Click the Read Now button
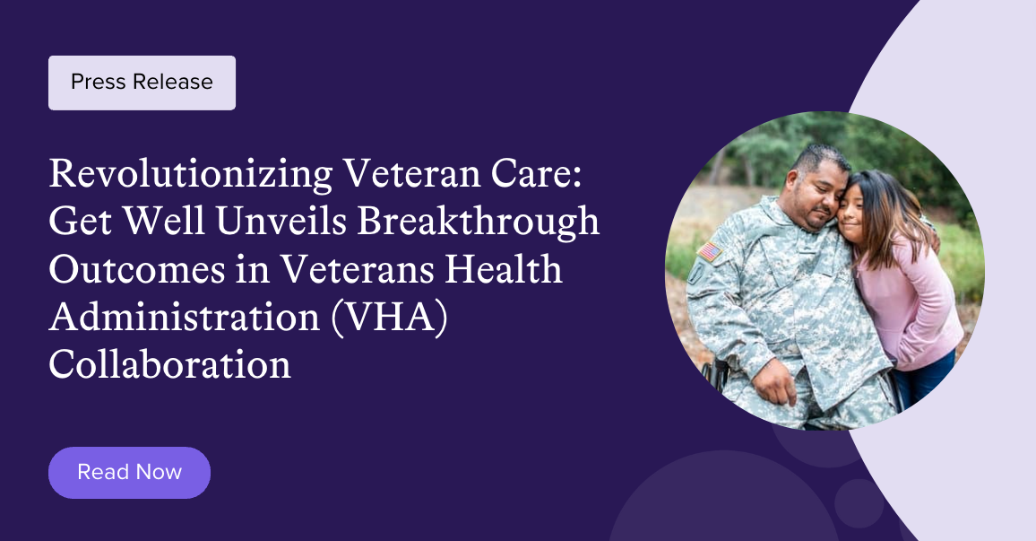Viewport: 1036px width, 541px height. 129,472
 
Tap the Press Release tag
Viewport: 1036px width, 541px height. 142,83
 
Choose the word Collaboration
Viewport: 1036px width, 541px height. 169,365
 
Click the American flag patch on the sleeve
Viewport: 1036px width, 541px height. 710,251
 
